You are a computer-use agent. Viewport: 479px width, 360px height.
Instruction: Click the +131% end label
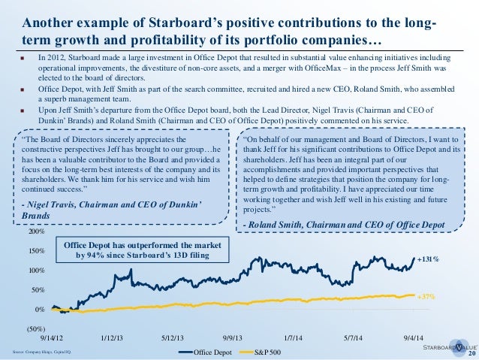428,259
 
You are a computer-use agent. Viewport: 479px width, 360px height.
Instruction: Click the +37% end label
426,298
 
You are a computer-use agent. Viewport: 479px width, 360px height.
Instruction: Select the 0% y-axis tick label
40,310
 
